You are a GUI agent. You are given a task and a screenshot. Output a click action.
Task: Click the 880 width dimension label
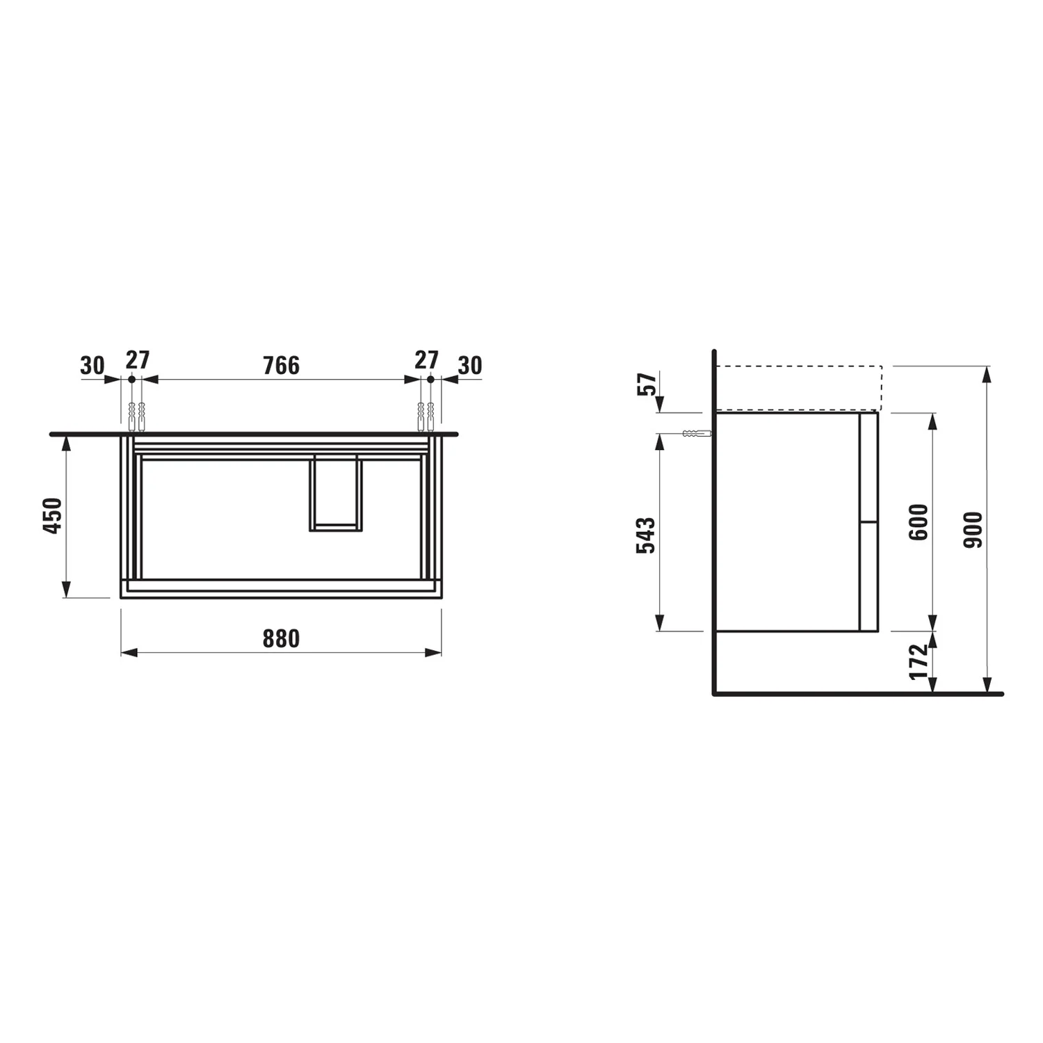(x=281, y=638)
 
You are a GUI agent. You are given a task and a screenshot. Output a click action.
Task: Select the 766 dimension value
(x=281, y=365)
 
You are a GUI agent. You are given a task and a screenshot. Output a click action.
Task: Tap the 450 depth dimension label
(x=53, y=515)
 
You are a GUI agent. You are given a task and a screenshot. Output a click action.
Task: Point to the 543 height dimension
(x=646, y=535)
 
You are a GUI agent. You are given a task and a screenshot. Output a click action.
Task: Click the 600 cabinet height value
(x=919, y=522)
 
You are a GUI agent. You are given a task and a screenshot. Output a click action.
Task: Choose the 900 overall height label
(x=973, y=529)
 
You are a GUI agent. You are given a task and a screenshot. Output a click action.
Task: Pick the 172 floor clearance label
(x=919, y=661)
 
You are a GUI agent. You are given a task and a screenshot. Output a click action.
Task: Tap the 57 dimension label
(x=647, y=384)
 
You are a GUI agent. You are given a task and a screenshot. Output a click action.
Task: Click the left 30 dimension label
(x=92, y=365)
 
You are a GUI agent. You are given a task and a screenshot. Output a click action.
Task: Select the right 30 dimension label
(x=470, y=365)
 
